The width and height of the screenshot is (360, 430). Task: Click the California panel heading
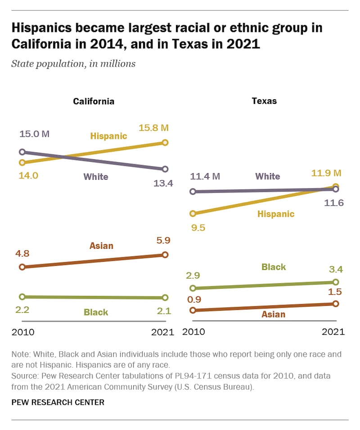coord(94,101)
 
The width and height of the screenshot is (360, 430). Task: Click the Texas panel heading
coord(264,101)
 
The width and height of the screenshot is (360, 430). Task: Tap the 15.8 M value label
coord(153,128)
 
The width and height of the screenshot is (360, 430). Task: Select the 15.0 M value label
coord(34,134)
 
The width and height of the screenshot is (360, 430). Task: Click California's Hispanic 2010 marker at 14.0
coord(22,162)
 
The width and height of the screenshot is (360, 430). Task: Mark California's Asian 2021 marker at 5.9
coord(165,255)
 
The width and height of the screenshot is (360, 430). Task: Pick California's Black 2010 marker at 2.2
coord(22,297)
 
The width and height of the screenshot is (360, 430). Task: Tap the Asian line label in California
coord(101,246)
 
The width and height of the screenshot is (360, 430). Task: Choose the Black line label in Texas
coord(274,267)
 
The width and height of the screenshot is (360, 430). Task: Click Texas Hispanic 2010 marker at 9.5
coord(193,214)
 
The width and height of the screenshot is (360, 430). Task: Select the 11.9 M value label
coord(326,173)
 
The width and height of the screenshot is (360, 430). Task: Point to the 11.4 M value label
coord(205,176)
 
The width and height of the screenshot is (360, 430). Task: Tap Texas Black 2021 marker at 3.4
coord(336,282)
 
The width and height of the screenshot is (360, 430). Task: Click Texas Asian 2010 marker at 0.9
coord(193,310)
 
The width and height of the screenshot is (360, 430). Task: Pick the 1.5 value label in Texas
coord(335,292)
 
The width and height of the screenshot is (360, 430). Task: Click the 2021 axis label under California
coord(162,332)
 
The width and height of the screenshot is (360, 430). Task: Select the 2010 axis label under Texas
coord(193,332)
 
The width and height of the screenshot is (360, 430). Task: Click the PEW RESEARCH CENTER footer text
coord(58,402)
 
